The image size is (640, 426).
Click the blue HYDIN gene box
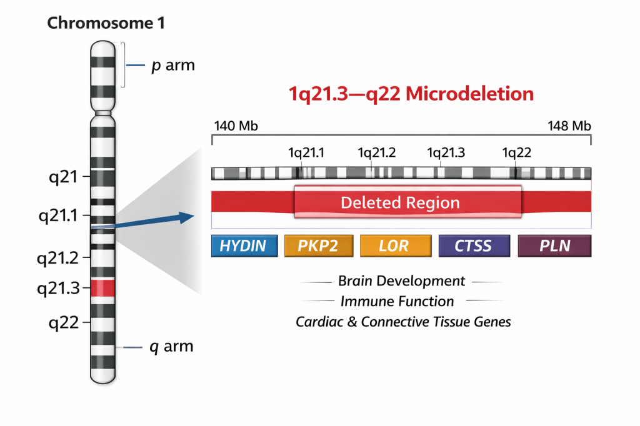tap(243, 245)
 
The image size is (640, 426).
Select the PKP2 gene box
tap(319, 245)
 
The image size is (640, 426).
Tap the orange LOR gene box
tap(395, 245)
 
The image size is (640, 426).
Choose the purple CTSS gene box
tap(473, 245)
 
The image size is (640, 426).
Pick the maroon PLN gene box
tap(554, 245)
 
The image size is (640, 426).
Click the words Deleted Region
tap(400, 203)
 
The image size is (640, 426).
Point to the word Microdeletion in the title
tap(469, 94)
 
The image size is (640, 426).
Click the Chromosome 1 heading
tap(106, 24)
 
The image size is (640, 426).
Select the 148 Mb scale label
tap(569, 126)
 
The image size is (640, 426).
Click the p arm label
tap(173, 65)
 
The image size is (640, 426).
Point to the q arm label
tap(171, 347)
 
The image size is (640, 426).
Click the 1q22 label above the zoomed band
tap(516, 153)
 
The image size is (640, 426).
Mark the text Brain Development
tap(401, 281)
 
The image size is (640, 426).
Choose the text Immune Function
tap(397, 302)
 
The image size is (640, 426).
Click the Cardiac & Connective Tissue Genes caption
tap(403, 322)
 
